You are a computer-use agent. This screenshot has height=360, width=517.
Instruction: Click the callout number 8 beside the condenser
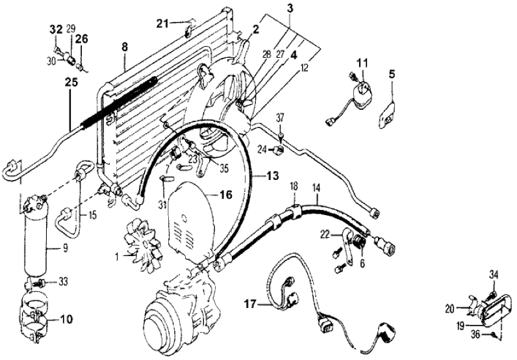point(124,47)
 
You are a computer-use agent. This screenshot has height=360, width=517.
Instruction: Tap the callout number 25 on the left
point(71,83)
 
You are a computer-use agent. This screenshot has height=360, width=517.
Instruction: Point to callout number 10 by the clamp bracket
point(67,320)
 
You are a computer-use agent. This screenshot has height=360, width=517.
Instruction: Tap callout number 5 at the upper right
point(392,73)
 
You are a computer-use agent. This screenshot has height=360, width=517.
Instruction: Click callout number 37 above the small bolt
point(281,117)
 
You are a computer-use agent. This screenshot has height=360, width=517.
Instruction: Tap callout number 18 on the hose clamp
point(293,187)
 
